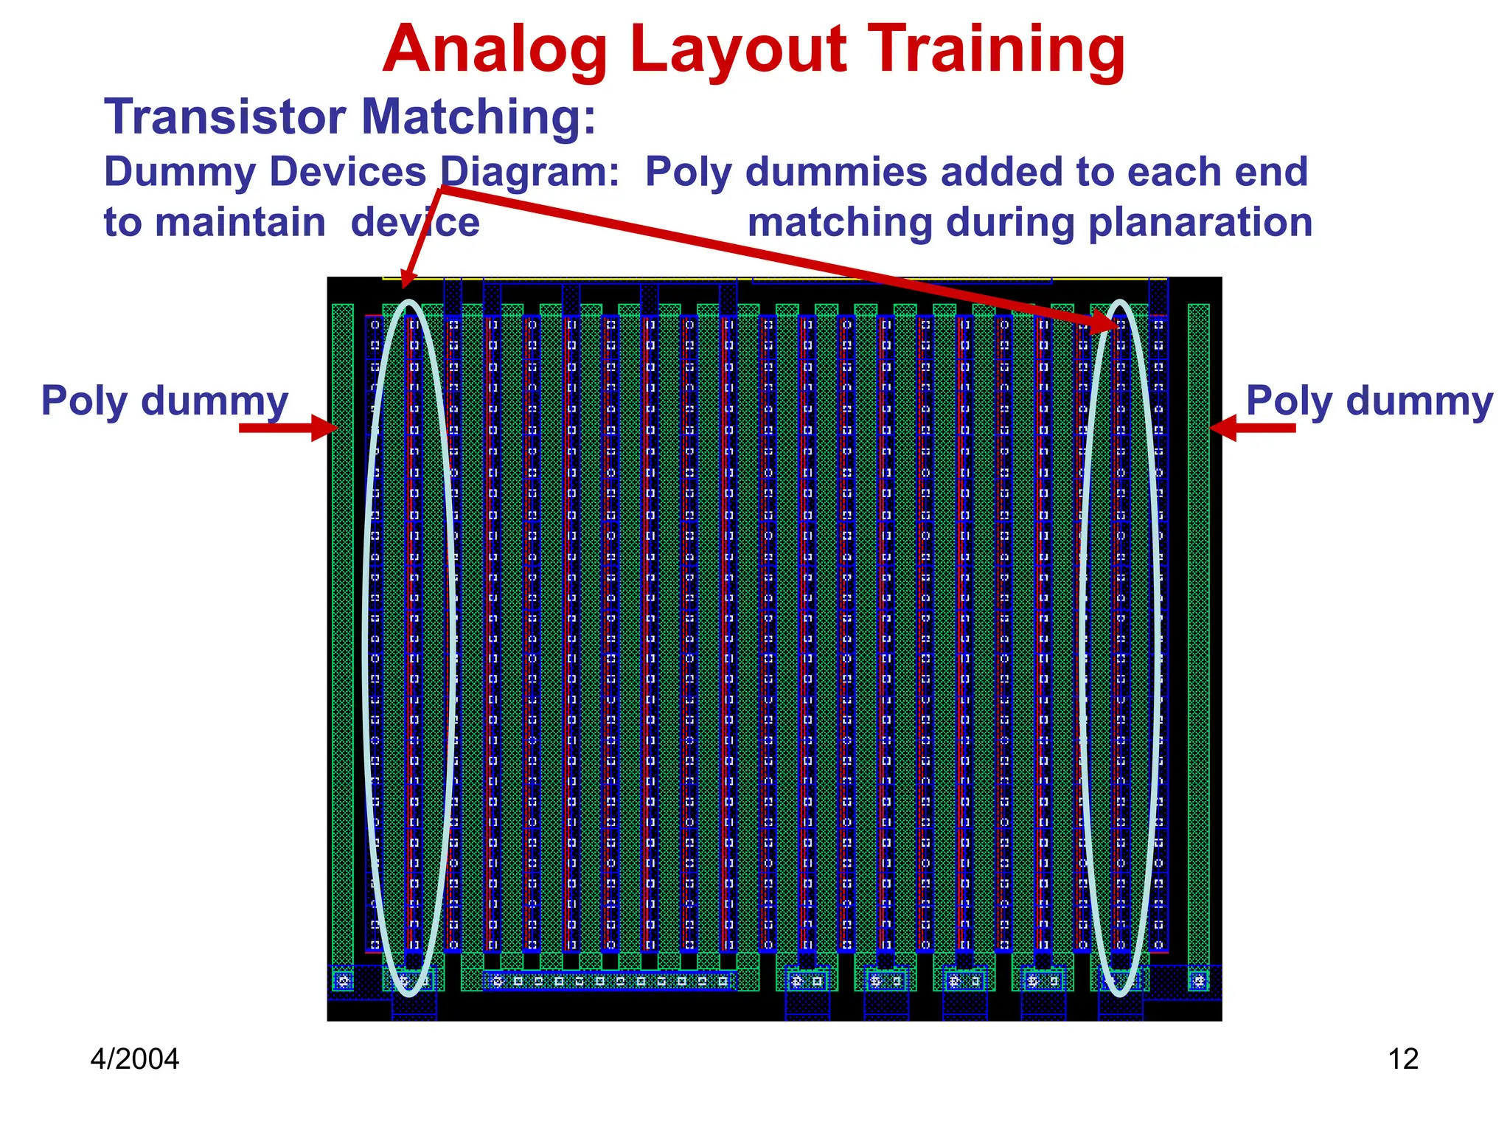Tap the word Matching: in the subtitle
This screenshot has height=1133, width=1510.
478,117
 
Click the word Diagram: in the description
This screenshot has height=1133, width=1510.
529,172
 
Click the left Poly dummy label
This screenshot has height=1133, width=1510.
164,401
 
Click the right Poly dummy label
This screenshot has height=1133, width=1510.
1369,401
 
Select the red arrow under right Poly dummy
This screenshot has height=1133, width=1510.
1253,428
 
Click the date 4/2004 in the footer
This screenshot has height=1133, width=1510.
135,1059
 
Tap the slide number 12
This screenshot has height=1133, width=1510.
1402,1059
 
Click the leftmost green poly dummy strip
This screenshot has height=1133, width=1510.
343,634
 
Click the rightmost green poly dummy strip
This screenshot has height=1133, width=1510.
1198,634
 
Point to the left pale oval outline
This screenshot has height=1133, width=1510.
366,649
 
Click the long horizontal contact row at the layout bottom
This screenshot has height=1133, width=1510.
609,981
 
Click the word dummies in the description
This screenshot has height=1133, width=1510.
902,172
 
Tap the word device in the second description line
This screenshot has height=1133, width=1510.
415,222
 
